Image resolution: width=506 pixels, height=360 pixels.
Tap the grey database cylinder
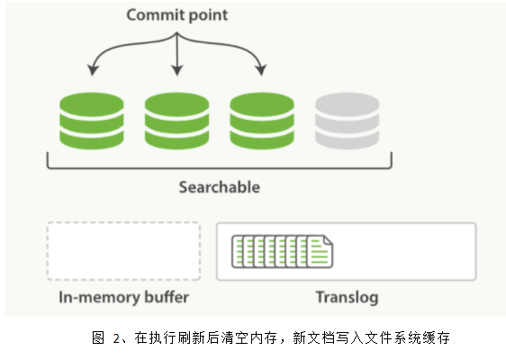346,122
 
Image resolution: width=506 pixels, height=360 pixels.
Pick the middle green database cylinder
176,122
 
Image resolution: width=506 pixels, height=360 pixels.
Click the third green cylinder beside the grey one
261,122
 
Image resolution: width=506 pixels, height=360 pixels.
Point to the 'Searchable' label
219,187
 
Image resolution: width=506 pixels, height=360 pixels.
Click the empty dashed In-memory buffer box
123,251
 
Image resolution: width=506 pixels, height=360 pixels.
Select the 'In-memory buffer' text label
123,297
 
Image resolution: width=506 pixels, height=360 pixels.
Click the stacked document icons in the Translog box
282,251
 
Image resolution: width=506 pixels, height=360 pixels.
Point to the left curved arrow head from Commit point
90,71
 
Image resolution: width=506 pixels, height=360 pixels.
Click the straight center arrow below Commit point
176,54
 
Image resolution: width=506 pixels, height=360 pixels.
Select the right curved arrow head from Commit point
262,71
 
